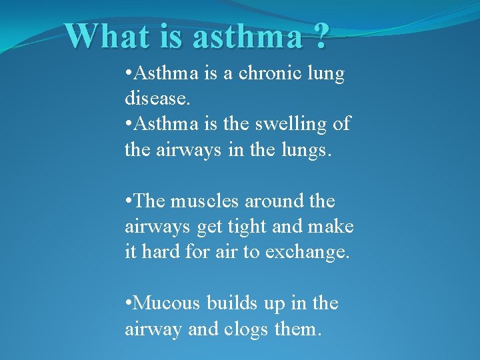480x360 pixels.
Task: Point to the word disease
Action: (x=157, y=99)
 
